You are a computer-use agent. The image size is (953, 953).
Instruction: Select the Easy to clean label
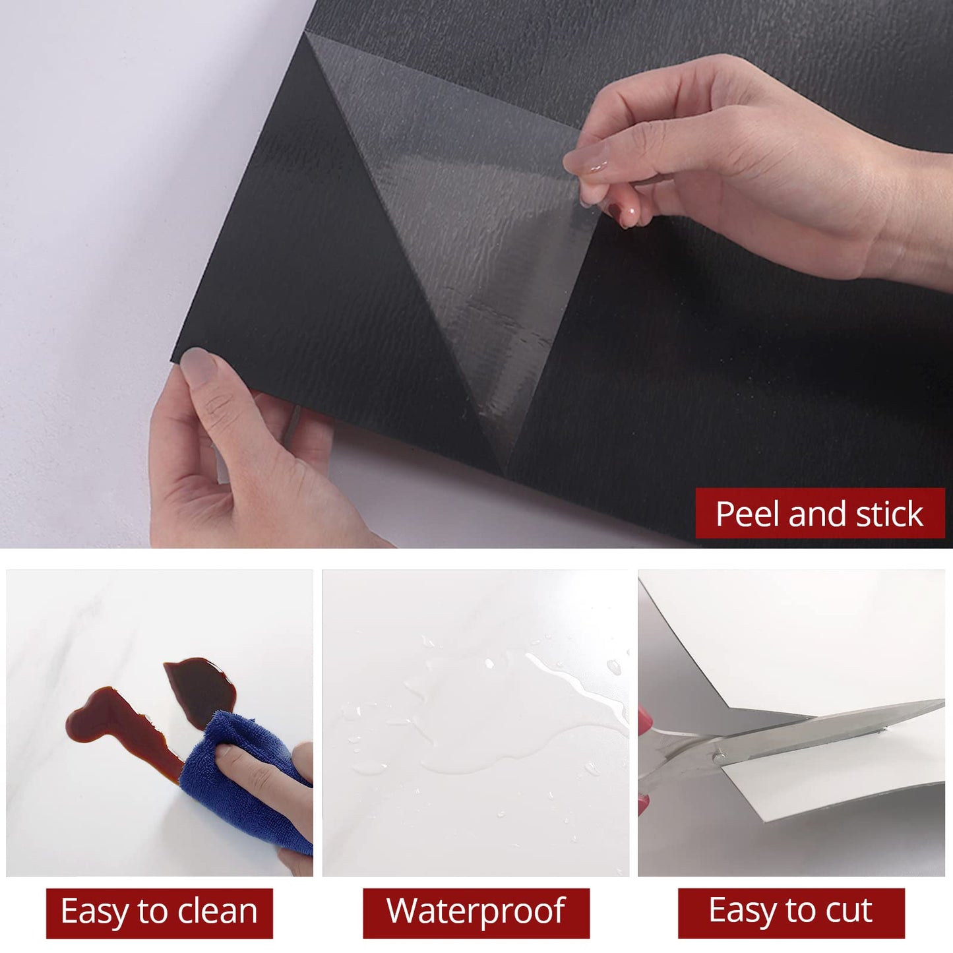tap(159, 913)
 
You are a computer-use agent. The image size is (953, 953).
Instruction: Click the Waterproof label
tap(476, 912)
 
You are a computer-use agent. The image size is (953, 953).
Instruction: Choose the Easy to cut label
tap(791, 912)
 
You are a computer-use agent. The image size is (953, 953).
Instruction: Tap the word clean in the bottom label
tap(217, 912)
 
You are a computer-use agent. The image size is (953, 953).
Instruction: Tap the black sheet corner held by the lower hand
tap(181, 356)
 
